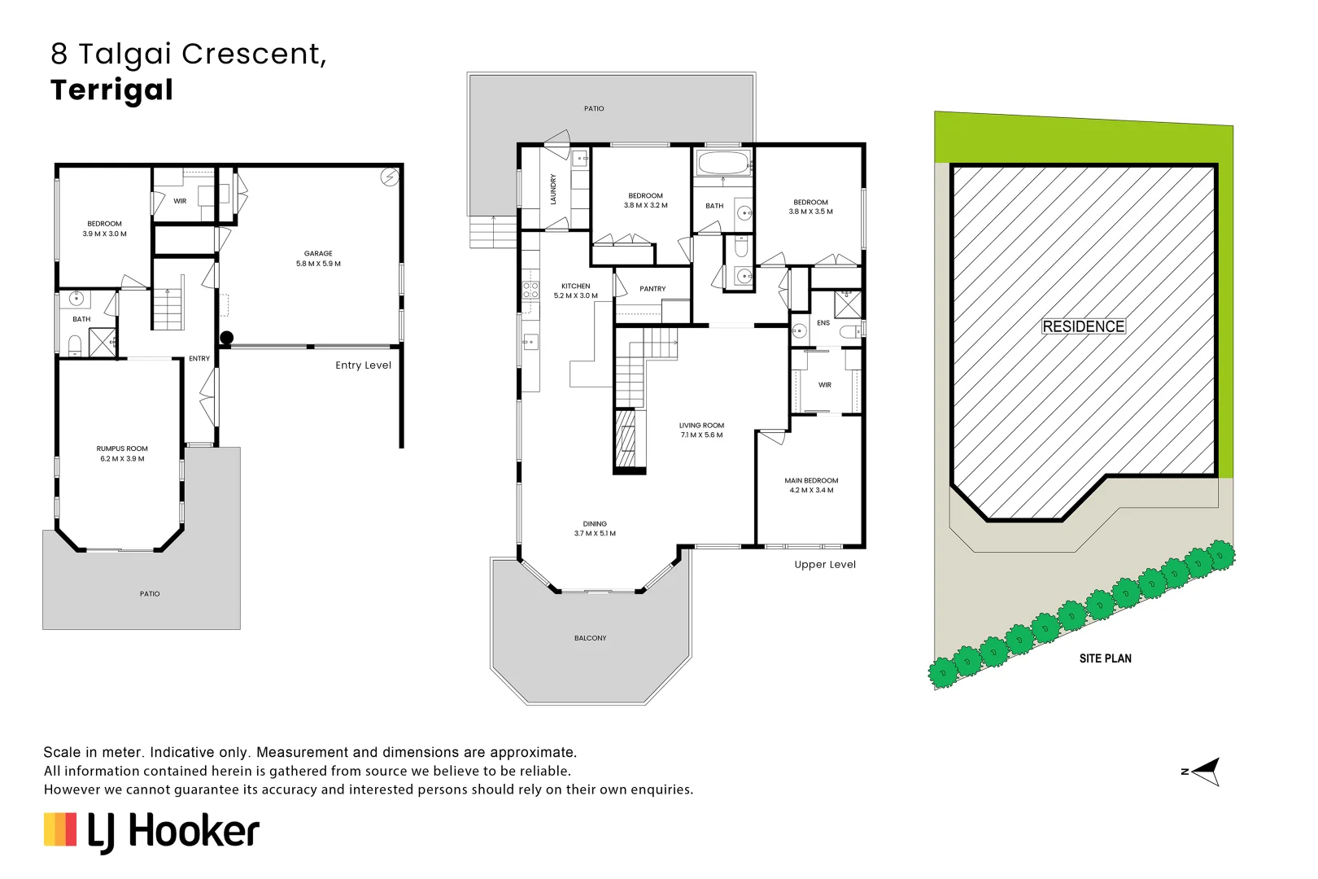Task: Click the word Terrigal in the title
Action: pyautogui.click(x=111, y=90)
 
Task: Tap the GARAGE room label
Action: pyautogui.click(x=318, y=253)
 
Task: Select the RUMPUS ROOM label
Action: pyautogui.click(x=122, y=448)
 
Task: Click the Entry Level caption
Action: pyautogui.click(x=363, y=365)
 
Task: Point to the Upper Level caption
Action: pyautogui.click(x=824, y=565)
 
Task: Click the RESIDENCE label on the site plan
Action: pyautogui.click(x=1083, y=326)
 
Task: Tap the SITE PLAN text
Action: pyautogui.click(x=1105, y=658)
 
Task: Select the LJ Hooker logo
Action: pyautogui.click(x=151, y=832)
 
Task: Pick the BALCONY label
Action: pyautogui.click(x=590, y=638)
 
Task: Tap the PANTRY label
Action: pyautogui.click(x=652, y=289)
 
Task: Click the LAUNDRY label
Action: pyautogui.click(x=553, y=189)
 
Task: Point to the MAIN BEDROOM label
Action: pyautogui.click(x=811, y=481)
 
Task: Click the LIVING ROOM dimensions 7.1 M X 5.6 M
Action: pyautogui.click(x=701, y=435)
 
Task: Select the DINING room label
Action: pyautogui.click(x=595, y=524)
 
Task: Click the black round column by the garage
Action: pyautogui.click(x=227, y=338)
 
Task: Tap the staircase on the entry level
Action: pyautogui.click(x=168, y=309)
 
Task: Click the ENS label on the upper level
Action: pyautogui.click(x=823, y=323)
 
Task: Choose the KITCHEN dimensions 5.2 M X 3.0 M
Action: pyautogui.click(x=575, y=296)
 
